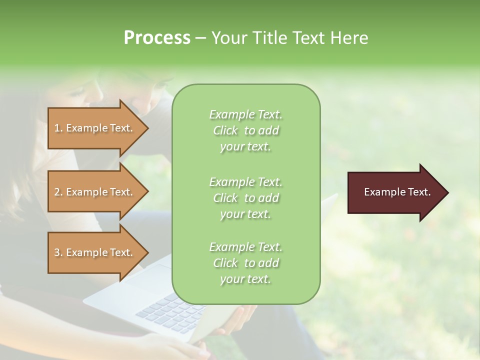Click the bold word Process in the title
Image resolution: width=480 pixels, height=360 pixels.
[x=157, y=38]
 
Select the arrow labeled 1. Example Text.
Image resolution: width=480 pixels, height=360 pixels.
[x=95, y=128]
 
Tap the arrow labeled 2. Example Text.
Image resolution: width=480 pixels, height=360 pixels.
[x=95, y=192]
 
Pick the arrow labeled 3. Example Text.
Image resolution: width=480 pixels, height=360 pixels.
[x=95, y=252]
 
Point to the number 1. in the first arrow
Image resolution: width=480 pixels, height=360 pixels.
[x=58, y=128]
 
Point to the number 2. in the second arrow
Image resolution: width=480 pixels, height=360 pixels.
[x=58, y=192]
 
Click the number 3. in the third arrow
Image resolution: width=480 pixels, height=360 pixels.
[x=58, y=252]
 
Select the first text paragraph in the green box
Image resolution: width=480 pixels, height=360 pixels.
[x=245, y=130]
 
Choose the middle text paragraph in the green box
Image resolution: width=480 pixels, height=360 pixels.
[x=245, y=197]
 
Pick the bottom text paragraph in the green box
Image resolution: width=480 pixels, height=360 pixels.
[x=245, y=263]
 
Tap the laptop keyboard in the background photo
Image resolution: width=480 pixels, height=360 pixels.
[x=165, y=310]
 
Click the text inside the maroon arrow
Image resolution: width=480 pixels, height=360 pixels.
[x=397, y=192]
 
